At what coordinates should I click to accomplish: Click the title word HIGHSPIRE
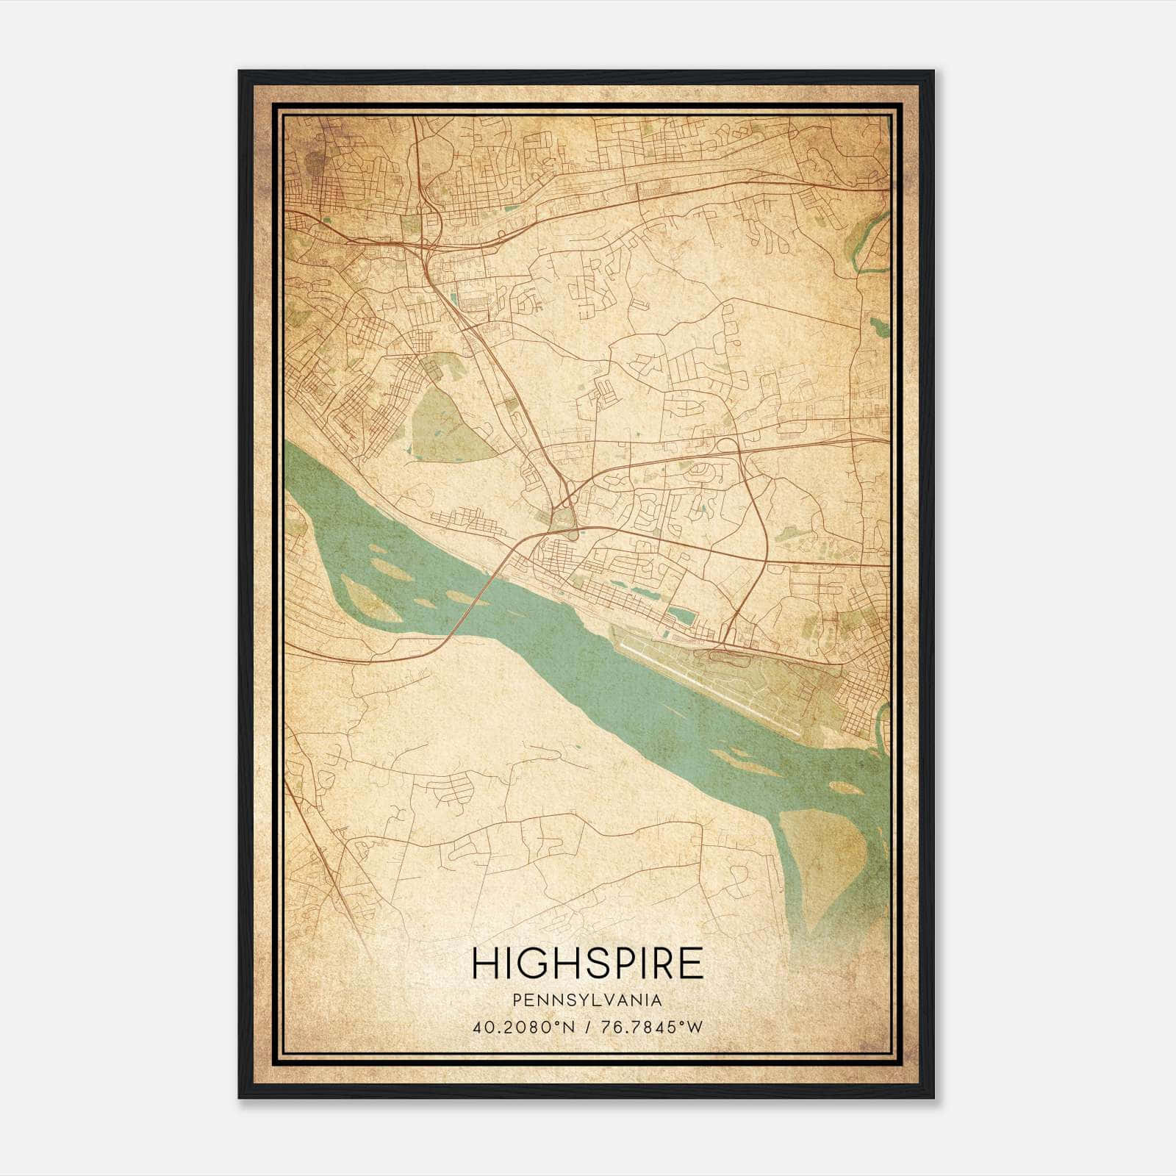587,963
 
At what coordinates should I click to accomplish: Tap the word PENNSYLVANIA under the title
587,1000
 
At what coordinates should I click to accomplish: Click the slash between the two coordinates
587,1027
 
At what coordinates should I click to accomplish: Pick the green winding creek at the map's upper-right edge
871,243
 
